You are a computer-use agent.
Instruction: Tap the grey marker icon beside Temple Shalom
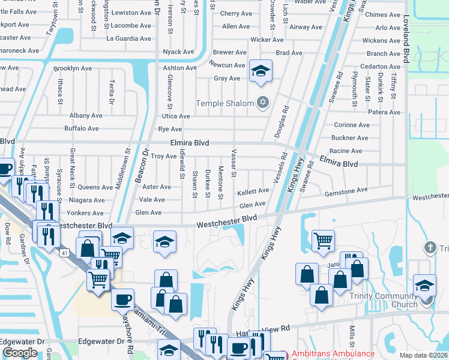click(x=262, y=103)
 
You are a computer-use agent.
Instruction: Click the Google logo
click(x=19, y=353)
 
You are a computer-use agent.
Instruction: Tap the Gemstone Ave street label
click(x=345, y=190)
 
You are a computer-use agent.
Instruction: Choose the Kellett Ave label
click(x=253, y=191)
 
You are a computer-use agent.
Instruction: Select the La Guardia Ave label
click(x=127, y=39)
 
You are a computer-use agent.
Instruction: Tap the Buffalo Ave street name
click(x=82, y=128)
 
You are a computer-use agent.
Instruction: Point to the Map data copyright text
click(x=424, y=355)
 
